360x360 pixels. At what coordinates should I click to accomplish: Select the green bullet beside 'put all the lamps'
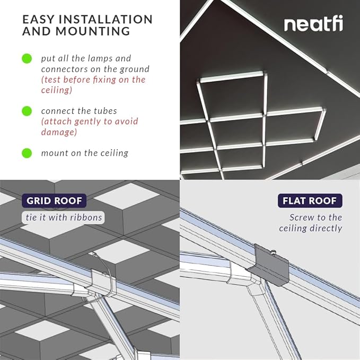click(x=27, y=58)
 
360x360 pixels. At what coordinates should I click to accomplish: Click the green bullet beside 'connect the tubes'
click(x=27, y=111)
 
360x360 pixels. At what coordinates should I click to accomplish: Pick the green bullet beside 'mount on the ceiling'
click(x=27, y=153)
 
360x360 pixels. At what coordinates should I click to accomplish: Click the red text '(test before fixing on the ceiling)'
click(x=93, y=85)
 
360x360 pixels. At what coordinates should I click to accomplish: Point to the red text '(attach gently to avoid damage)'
click(x=89, y=127)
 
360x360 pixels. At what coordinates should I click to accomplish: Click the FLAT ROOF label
click(x=310, y=201)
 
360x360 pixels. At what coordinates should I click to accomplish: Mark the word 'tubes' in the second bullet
click(x=105, y=111)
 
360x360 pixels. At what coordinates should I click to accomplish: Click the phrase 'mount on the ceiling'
click(x=85, y=153)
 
